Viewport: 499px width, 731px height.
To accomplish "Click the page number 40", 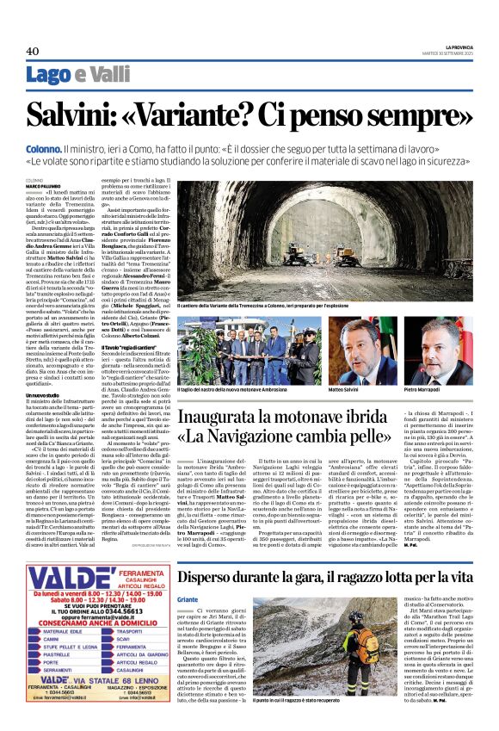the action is click(x=33, y=52).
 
